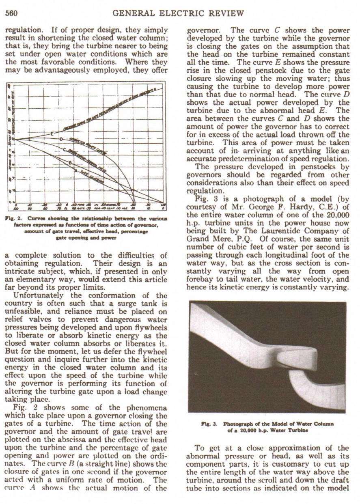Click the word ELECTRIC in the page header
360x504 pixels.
tap(180, 13)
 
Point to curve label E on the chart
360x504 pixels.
tap(52, 134)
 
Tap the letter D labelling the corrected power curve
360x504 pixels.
tap(61, 140)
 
